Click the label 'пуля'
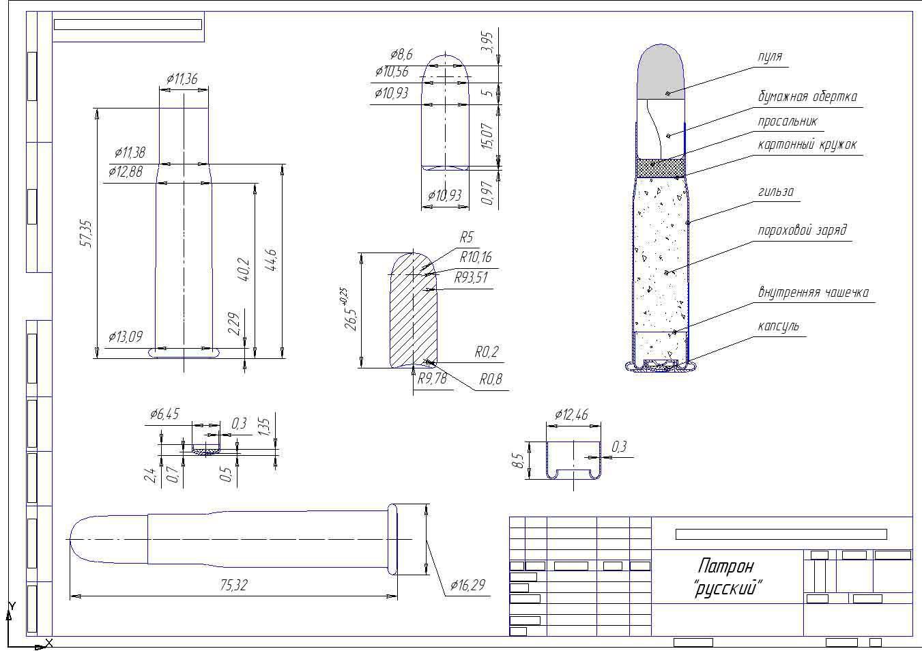[x=770, y=57]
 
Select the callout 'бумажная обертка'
[x=807, y=97]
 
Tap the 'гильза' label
[x=776, y=192]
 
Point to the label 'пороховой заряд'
[x=802, y=230]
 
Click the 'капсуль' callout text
[x=779, y=326]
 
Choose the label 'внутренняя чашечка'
[x=813, y=293]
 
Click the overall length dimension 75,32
[x=233, y=585]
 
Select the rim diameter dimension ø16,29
[x=467, y=585]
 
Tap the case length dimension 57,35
[x=86, y=234]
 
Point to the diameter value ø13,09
[x=126, y=337]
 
